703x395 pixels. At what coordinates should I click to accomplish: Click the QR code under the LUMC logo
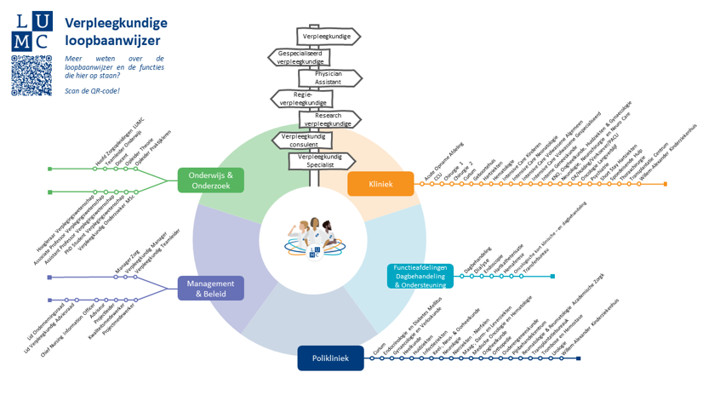click(x=31, y=76)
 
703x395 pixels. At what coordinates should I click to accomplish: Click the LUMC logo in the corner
click(x=31, y=28)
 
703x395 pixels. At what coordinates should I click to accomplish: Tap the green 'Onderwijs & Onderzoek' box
click(x=210, y=180)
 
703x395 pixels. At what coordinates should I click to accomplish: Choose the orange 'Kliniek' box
click(x=380, y=184)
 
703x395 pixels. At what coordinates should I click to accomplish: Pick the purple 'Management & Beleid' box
click(x=210, y=289)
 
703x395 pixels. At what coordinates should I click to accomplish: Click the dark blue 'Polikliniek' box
click(x=330, y=358)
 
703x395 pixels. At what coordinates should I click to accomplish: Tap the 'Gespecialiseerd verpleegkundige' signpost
click(x=300, y=58)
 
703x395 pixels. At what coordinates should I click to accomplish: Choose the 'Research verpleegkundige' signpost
click(x=328, y=119)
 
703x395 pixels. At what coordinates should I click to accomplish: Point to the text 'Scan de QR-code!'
click(x=92, y=90)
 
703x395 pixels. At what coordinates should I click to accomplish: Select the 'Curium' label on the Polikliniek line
click(x=379, y=348)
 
